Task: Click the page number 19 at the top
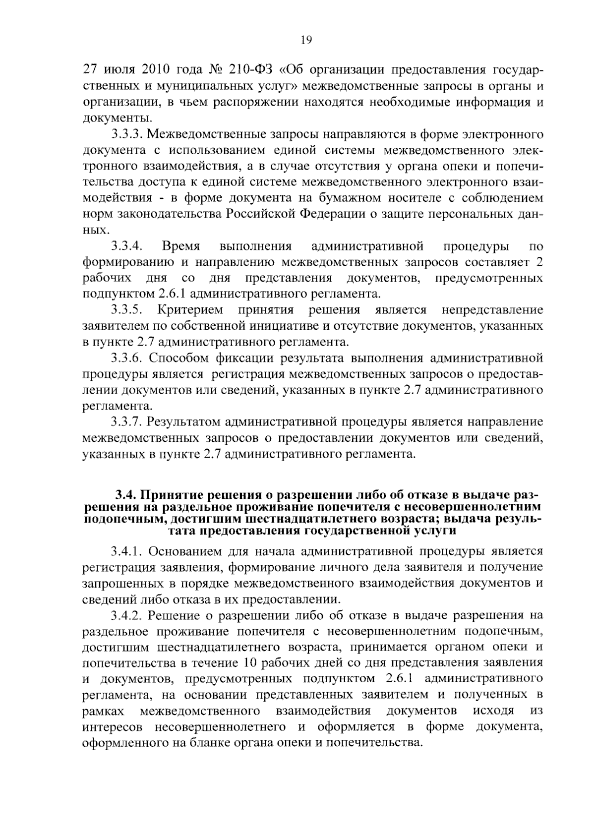(305, 41)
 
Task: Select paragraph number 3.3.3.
(127, 134)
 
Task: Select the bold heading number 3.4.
(125, 495)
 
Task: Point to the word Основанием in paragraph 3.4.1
(184, 551)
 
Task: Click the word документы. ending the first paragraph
(116, 118)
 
